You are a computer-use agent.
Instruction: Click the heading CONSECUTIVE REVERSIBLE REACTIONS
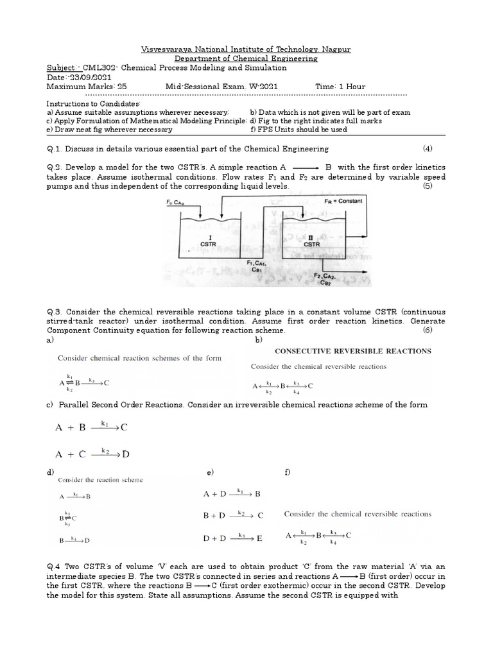click(353, 351)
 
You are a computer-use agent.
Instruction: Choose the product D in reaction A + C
click(126, 454)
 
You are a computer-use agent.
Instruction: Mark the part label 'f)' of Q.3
click(287, 472)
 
